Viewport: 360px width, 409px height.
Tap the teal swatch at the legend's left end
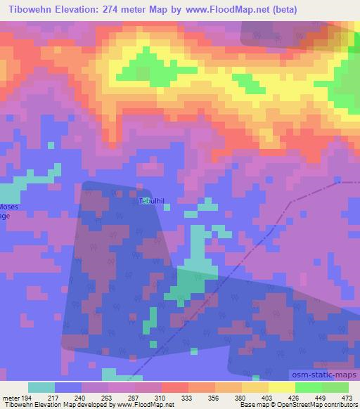coord(41,387)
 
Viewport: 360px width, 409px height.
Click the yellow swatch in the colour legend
coord(281,387)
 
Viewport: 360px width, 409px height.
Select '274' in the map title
coord(115,10)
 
